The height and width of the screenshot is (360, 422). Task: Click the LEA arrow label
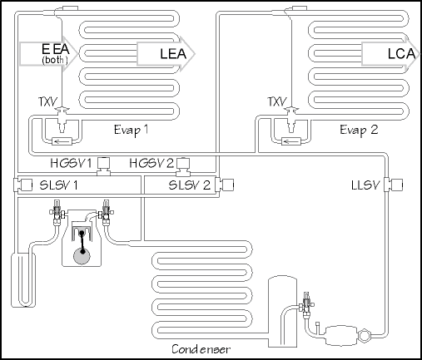click(x=173, y=53)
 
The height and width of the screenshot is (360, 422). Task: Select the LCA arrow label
click(x=401, y=53)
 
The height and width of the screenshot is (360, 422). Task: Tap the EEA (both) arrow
click(x=48, y=54)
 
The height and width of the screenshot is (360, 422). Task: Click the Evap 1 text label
click(x=131, y=130)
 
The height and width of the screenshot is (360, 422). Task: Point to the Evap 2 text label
click(x=359, y=130)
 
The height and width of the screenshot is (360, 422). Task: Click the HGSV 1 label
click(x=71, y=163)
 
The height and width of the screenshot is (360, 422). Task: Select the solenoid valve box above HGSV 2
click(x=182, y=163)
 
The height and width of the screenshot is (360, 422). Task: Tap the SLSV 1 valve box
click(x=27, y=185)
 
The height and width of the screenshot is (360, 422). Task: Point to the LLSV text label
click(x=365, y=185)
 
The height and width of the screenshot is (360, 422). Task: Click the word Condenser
click(x=201, y=349)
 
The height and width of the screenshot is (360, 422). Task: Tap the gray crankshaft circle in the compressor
click(x=82, y=255)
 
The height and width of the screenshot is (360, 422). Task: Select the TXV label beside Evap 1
click(x=48, y=102)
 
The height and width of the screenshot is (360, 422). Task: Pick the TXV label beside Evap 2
click(x=277, y=102)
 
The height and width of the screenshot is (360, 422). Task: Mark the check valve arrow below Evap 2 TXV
click(x=290, y=141)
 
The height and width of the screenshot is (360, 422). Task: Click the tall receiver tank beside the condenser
click(x=282, y=311)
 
